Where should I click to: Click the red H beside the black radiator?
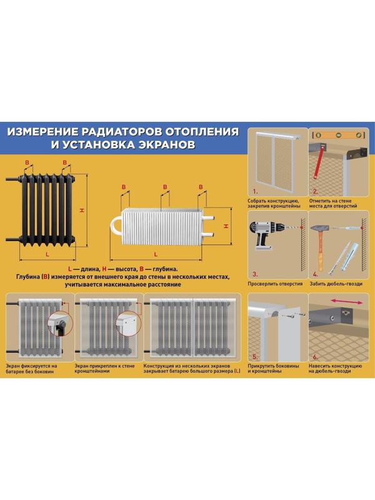coord(81,211)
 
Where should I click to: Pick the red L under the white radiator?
coord(156,254)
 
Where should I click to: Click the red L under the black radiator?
coord(47,255)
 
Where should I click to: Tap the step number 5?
coord(254,359)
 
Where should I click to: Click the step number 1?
coord(254,191)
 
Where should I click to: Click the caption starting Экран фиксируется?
coord(36,368)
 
